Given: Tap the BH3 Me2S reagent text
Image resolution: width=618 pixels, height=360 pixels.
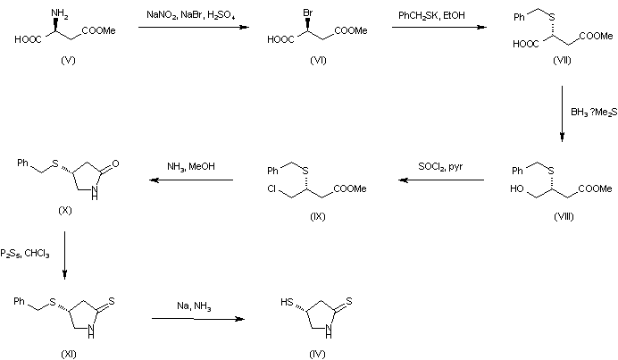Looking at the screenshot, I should pos(592,113).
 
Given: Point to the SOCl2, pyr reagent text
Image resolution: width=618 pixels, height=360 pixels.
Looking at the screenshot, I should pos(440,167).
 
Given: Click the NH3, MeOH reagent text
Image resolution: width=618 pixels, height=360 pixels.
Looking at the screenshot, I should pos(190,166).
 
